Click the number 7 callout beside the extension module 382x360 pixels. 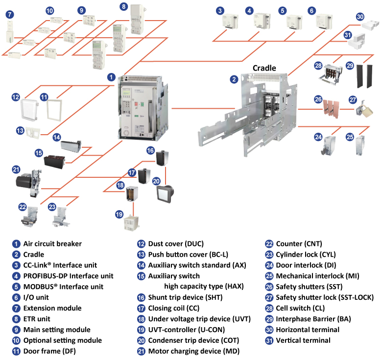coord(10,14)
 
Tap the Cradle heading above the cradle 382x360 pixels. coord(264,68)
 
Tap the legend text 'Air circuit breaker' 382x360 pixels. coord(52,243)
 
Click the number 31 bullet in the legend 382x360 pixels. coord(269,340)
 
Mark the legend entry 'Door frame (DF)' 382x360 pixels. coord(49,351)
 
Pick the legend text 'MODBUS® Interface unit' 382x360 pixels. coord(63,287)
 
